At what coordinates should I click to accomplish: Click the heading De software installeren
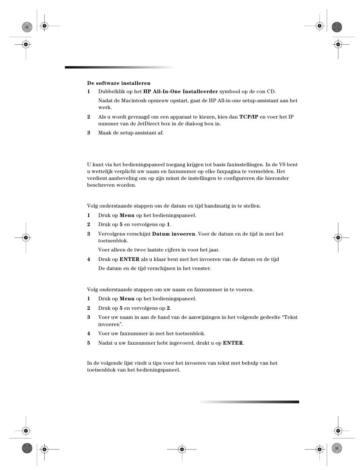[119, 83]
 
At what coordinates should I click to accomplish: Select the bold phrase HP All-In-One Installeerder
[180, 91]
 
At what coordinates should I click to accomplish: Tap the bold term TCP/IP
[249, 117]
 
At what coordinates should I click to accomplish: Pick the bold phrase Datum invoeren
[174, 234]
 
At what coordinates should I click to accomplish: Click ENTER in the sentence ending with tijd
[129, 259]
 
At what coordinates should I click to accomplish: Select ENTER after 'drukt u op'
[233, 343]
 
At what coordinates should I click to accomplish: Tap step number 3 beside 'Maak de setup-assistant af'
[89, 133]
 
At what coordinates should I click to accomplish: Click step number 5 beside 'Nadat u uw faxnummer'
[89, 343]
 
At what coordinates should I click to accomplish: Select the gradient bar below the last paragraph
[248, 402]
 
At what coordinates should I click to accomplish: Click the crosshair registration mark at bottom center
[182, 450]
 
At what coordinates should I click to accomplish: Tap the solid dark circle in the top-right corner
[337, 27]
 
